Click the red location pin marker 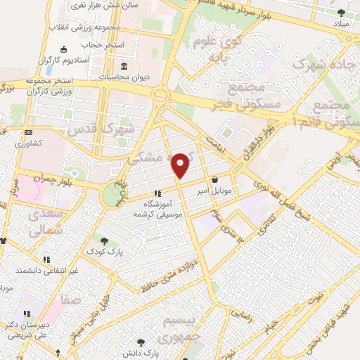coord(181,165)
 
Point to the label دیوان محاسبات coord(152,76)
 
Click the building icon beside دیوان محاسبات coord(124,76)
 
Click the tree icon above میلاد coord(341,13)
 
